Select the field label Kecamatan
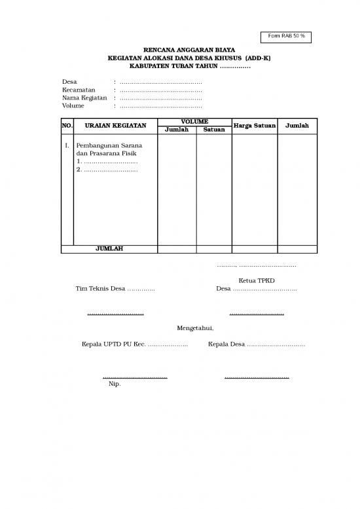click(x=79, y=90)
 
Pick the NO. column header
click(x=67, y=125)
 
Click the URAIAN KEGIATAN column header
click(x=116, y=125)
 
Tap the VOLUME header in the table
click(x=195, y=122)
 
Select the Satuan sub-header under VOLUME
click(x=214, y=130)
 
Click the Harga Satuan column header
click(x=255, y=125)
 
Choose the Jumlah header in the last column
click(x=297, y=125)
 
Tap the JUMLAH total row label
click(x=109, y=249)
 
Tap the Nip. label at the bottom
click(x=115, y=385)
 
